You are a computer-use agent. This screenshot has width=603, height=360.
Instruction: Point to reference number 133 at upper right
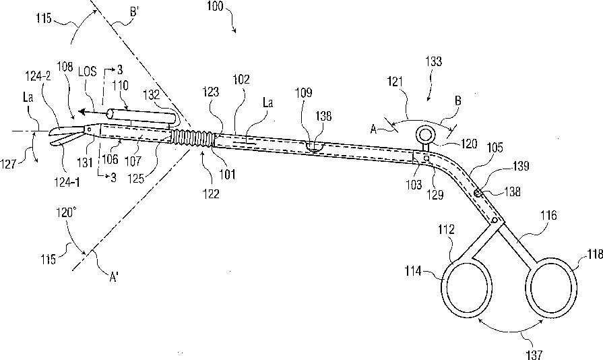pos(435,61)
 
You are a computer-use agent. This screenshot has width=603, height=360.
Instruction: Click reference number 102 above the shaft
pos(241,79)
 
